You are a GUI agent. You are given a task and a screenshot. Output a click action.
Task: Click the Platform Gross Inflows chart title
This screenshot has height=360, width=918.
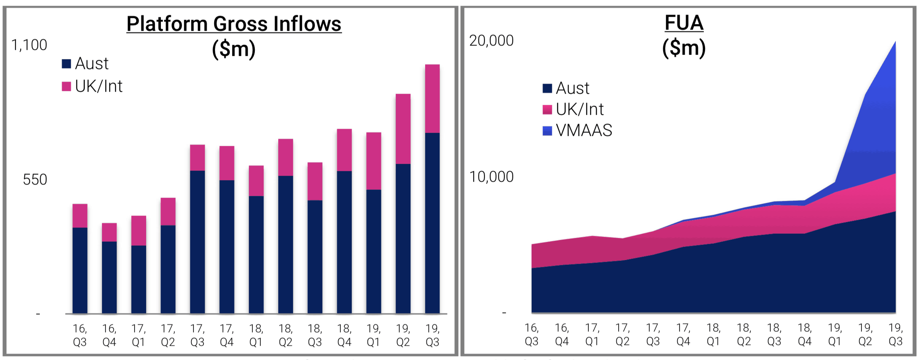pos(234,24)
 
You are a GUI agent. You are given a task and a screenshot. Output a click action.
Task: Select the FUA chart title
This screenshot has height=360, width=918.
pos(684,23)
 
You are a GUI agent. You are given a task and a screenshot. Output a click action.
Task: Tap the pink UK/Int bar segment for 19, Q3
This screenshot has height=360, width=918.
pos(432,98)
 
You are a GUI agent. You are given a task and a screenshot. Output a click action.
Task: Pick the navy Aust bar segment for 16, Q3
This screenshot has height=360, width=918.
pos(80,270)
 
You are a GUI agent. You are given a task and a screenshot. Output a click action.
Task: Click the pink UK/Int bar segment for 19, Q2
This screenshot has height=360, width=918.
pos(403,129)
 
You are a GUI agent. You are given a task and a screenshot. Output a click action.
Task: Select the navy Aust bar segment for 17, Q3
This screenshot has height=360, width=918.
pos(197,242)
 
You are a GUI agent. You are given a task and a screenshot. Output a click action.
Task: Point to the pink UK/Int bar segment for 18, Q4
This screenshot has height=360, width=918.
pos(344,150)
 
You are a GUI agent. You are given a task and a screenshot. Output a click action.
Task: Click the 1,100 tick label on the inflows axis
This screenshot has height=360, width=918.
pos(29,45)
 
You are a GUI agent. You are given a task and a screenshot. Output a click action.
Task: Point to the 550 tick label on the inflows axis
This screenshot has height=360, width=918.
pos(35,180)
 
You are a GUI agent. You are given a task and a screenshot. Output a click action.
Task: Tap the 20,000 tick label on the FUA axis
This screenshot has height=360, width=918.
pos(491,41)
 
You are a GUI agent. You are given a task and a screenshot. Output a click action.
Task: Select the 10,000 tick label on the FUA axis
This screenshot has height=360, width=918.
pos(491,177)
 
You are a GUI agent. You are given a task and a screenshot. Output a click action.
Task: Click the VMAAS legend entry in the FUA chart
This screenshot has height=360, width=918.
pos(577,130)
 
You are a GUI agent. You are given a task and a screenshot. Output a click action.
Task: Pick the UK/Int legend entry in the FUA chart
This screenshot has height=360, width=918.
pos(573,109)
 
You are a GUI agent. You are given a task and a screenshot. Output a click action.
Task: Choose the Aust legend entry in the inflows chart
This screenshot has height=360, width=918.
pos(85,63)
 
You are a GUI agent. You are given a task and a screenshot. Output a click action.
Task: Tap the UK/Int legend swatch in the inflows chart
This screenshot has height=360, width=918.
pos(66,86)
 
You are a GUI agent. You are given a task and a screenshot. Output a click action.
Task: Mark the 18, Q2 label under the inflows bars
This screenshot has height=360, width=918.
pos(285,335)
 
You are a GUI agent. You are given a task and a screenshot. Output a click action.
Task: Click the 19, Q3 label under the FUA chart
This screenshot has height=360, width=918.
pos(895,334)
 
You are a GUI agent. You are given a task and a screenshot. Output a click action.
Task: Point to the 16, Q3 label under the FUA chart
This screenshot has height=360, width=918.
pos(531,334)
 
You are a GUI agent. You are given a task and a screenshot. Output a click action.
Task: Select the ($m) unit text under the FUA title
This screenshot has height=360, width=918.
pos(684,48)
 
